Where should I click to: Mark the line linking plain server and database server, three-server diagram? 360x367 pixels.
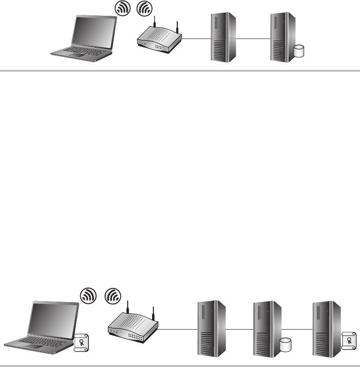click(x=240, y=330)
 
